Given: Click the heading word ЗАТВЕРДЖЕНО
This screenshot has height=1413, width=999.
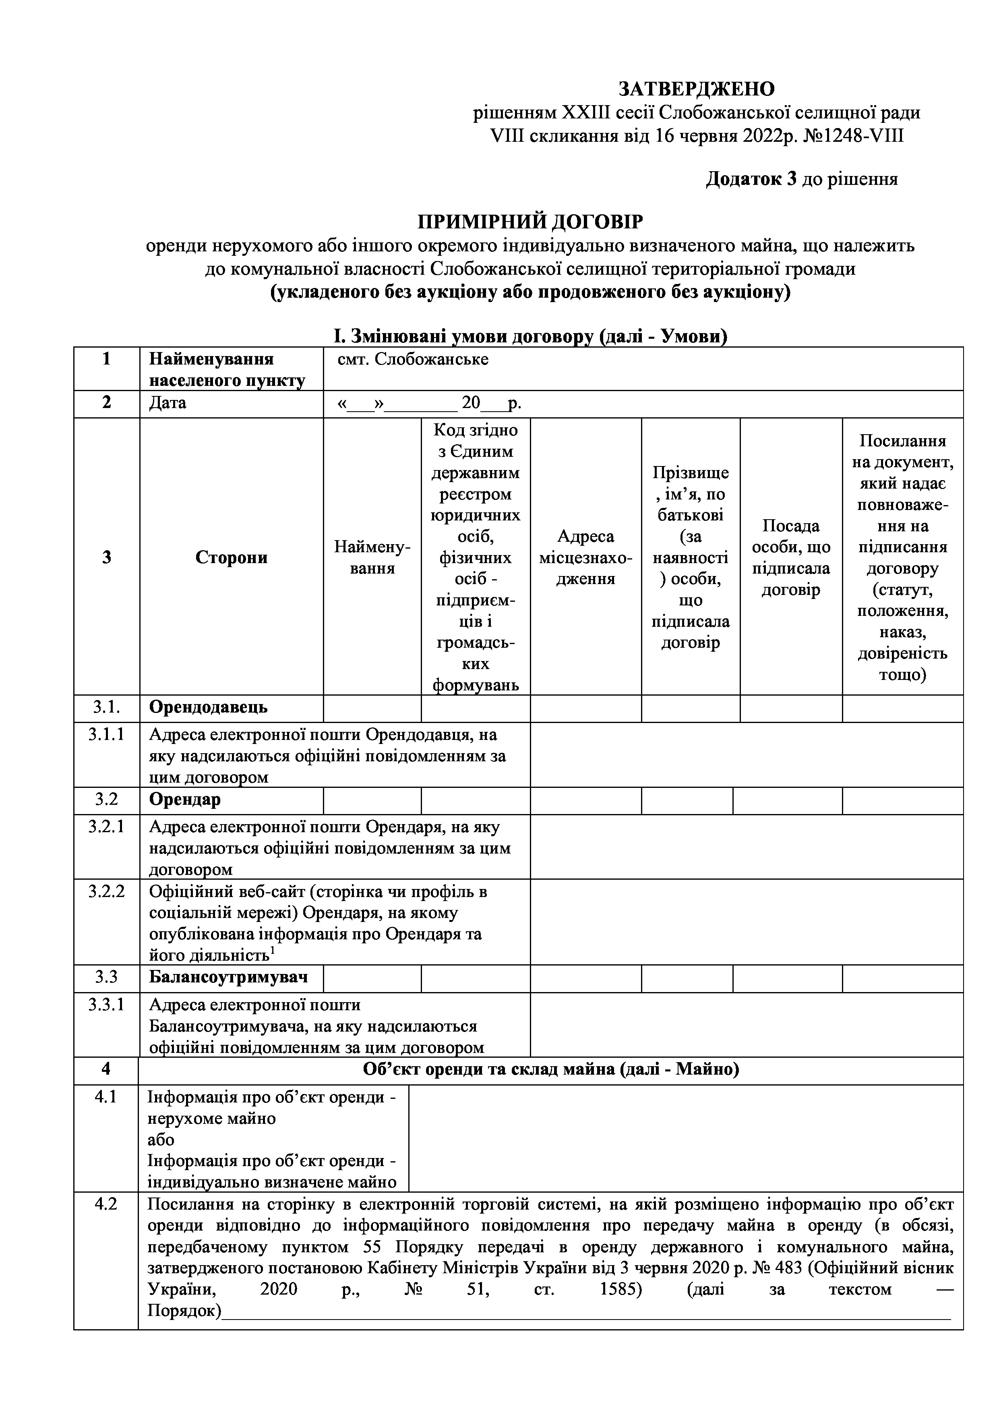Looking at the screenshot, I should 696,89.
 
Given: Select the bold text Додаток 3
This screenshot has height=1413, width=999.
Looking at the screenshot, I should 751,179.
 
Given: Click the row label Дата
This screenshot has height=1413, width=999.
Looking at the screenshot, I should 168,403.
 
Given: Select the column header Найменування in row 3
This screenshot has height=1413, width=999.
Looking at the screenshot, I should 372,557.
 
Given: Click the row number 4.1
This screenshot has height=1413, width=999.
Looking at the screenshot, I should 106,1097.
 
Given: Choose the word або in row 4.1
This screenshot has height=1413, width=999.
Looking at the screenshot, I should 161,1139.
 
